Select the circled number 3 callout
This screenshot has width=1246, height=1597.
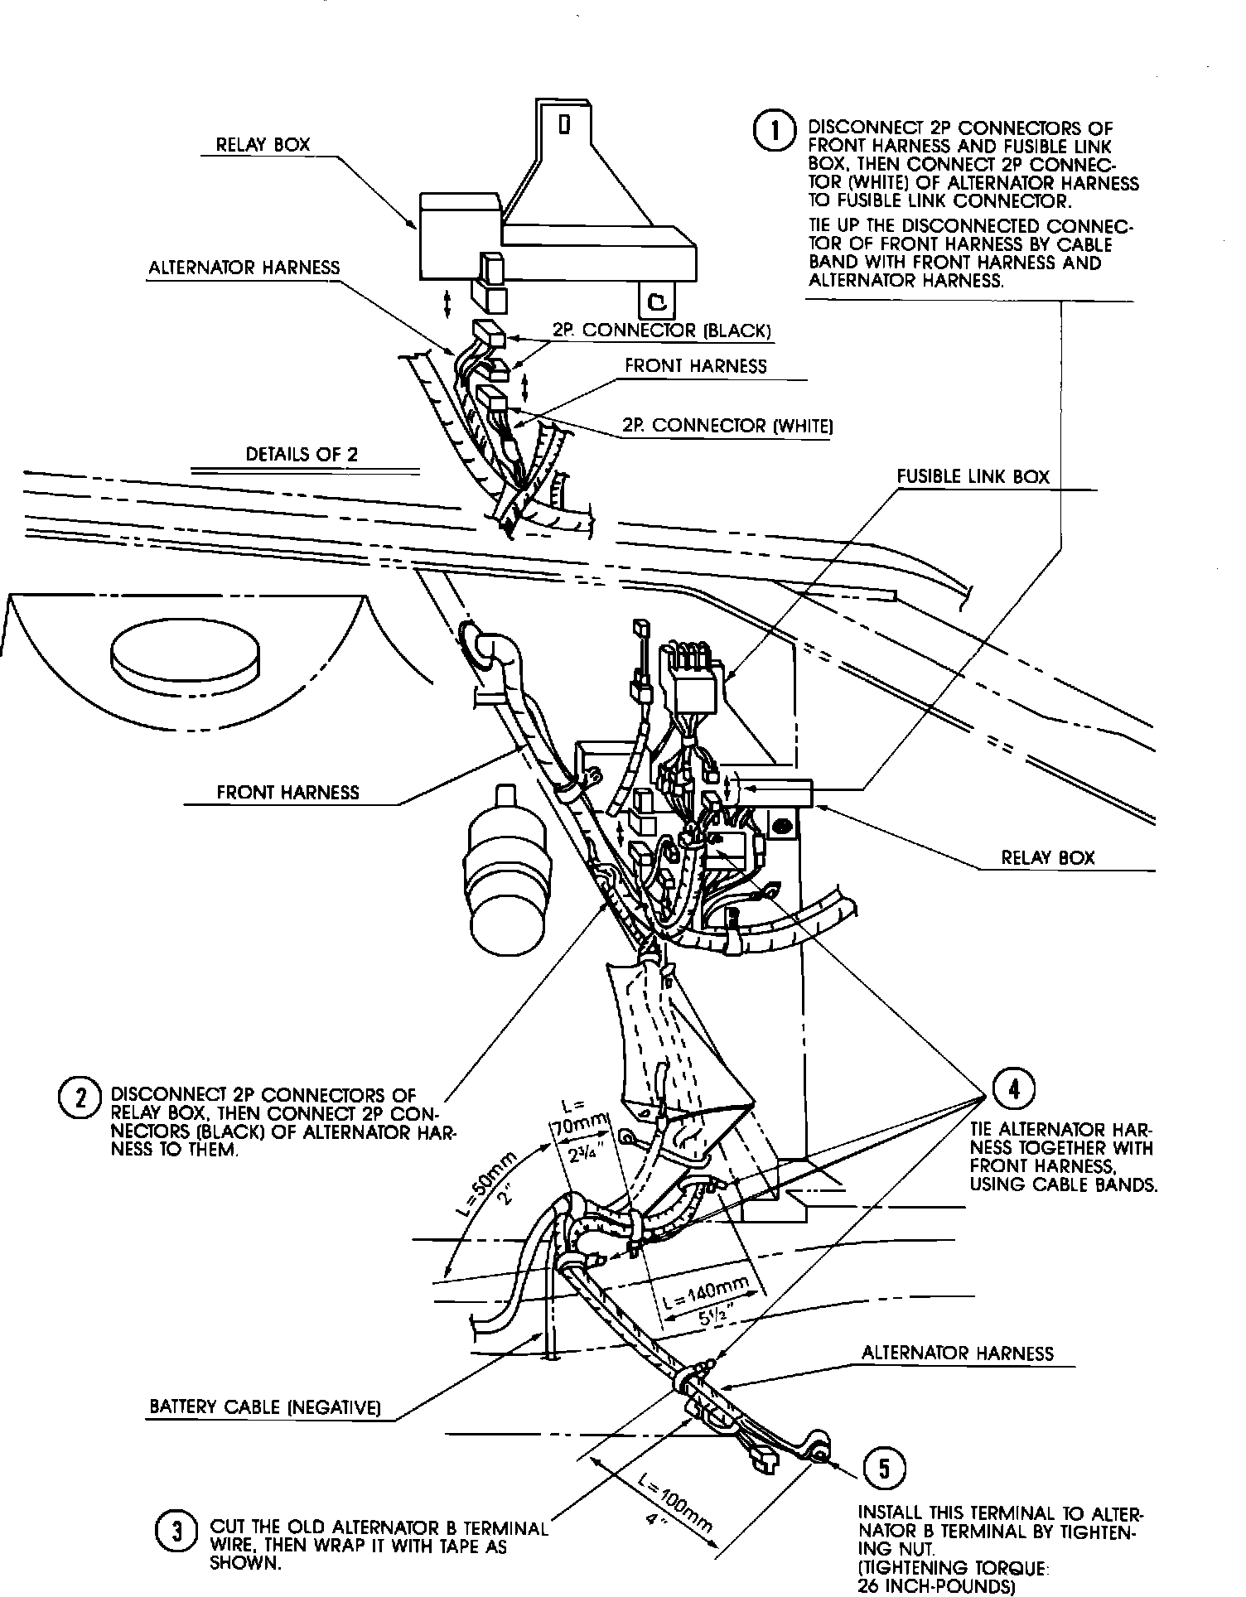click(176, 1531)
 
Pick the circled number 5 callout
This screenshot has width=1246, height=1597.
click(883, 1468)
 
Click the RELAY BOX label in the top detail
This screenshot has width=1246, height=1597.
click(263, 144)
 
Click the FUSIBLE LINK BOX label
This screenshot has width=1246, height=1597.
click(973, 477)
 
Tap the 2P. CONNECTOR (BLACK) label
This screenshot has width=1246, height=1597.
click(662, 330)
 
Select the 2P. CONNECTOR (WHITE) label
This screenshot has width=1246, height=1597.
click(727, 426)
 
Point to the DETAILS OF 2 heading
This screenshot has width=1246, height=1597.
click(302, 455)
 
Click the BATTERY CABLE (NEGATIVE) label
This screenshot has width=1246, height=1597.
click(264, 1406)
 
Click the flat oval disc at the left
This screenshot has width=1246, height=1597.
click(183, 655)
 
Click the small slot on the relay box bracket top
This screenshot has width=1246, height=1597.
click(565, 124)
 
